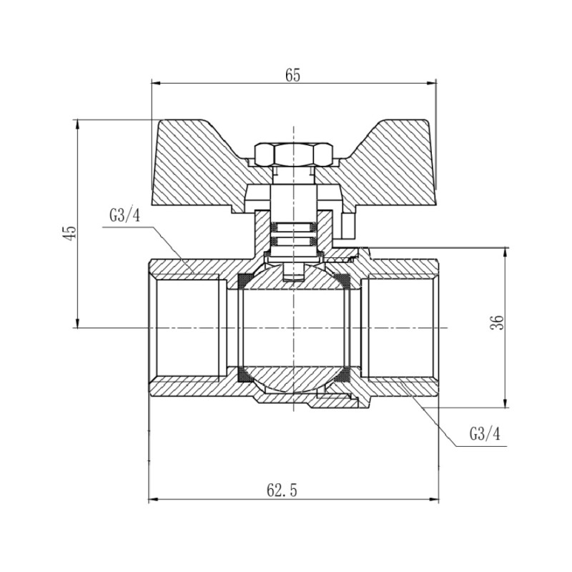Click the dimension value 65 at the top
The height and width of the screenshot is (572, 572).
292,74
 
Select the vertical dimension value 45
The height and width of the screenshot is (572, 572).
69,233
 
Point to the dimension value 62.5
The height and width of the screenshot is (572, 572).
282,490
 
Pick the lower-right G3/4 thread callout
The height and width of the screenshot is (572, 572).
484,434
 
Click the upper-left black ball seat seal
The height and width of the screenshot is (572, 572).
245,279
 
